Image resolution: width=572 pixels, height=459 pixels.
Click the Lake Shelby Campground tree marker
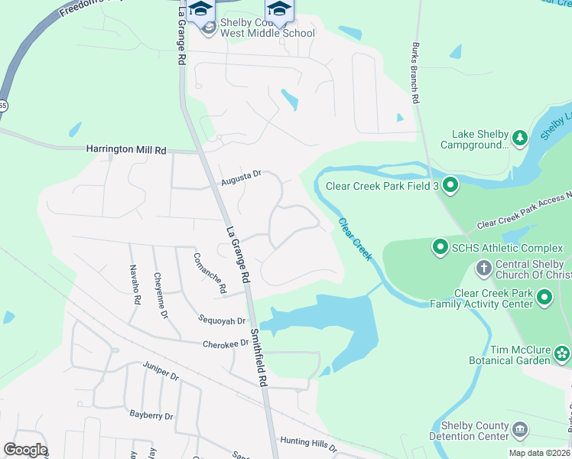click(520, 138)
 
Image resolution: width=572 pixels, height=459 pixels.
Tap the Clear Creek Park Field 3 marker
click(450, 184)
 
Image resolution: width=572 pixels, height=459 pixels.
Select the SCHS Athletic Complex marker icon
click(440, 247)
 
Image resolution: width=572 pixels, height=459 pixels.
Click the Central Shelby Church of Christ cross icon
click(483, 267)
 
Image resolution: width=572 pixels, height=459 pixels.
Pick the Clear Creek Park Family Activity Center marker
click(544, 297)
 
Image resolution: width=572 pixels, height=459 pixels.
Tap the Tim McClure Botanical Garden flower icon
click(562, 353)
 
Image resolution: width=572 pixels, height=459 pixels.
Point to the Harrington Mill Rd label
click(126, 150)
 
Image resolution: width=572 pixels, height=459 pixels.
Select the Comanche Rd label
click(210, 273)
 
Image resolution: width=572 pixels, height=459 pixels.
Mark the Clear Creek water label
click(356, 239)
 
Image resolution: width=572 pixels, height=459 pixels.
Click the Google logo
click(25, 450)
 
